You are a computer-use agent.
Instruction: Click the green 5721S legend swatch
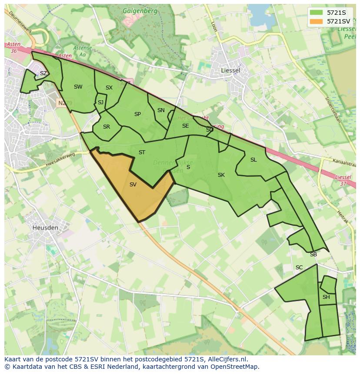point(316,13)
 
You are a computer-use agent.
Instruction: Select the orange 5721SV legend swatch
point(316,21)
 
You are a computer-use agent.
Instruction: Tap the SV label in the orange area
point(133,185)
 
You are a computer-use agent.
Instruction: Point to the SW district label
point(78,87)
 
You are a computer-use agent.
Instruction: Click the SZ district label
point(43,73)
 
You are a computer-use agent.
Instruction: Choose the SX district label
point(109,88)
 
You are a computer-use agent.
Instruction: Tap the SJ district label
point(100,103)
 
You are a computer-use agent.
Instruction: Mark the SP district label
point(137,114)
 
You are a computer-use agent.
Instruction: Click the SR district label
point(107,127)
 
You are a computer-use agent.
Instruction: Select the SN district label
point(161,110)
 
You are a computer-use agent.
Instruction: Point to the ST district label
point(142,152)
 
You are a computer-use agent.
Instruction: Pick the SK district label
point(221,175)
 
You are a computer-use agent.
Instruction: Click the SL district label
point(253,160)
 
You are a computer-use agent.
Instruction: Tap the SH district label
point(326,297)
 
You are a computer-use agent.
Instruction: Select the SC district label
point(299,268)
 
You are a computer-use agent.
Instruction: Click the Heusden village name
point(45,227)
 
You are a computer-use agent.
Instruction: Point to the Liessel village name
point(230,70)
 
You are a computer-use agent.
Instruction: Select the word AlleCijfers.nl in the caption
point(227,359)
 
